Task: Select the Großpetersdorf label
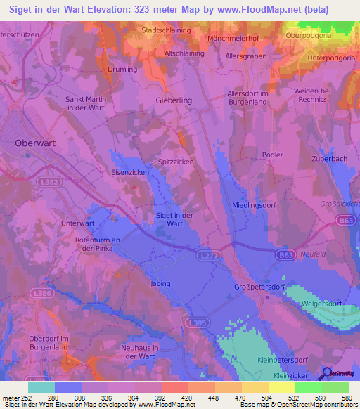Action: [258, 287]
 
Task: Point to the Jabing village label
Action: [160, 284]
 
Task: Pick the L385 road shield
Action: [198, 323]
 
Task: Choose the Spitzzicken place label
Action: [176, 162]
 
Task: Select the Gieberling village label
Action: [173, 100]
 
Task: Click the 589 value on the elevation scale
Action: [346, 397]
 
